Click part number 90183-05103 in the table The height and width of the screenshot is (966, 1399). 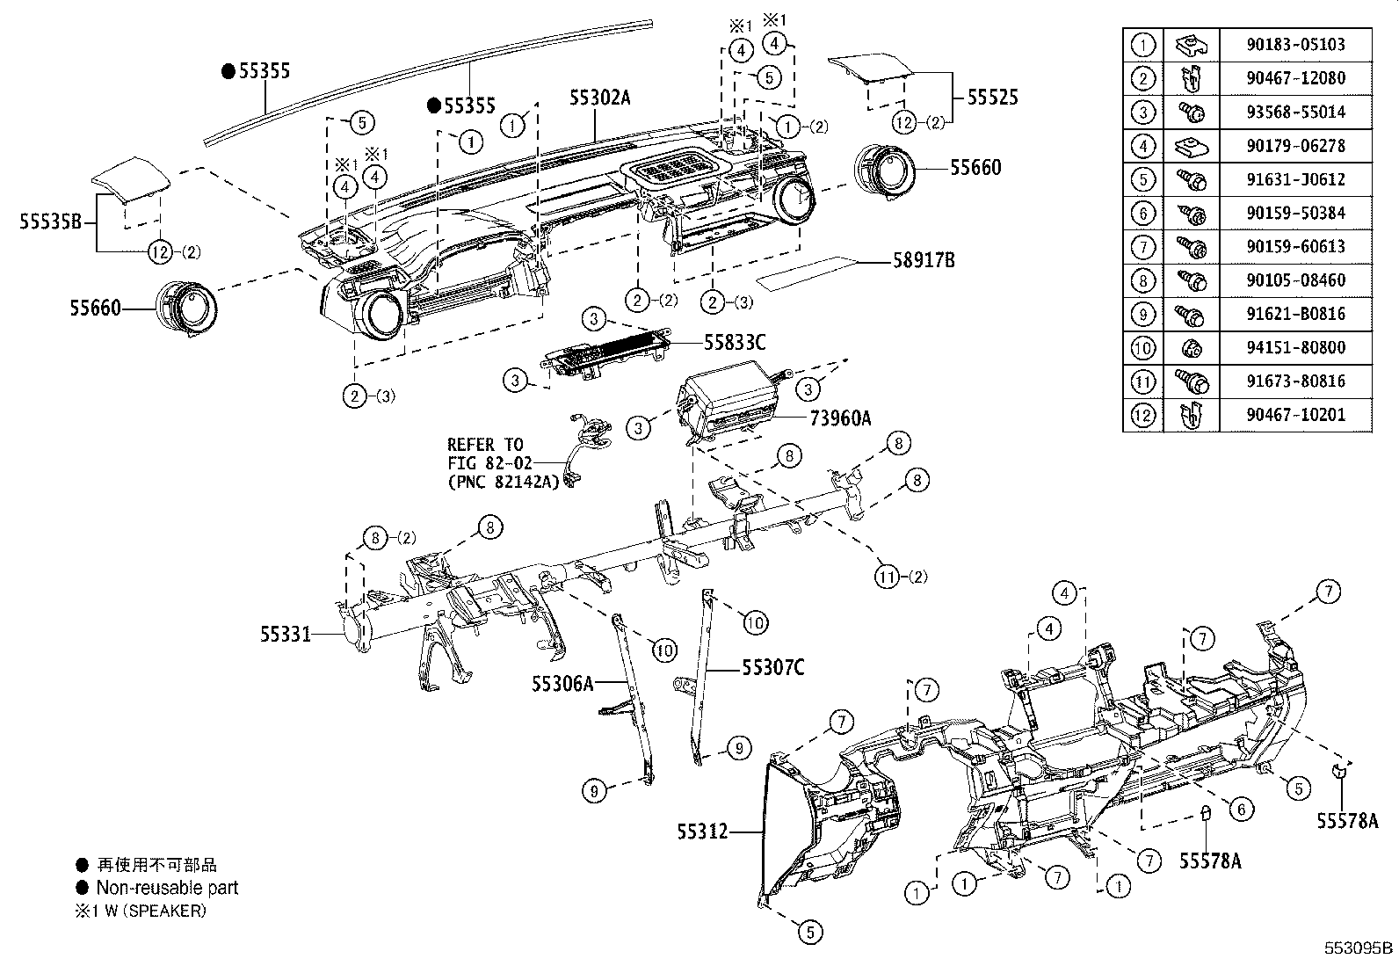click(1295, 44)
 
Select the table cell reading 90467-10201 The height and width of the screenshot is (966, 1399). click(1295, 415)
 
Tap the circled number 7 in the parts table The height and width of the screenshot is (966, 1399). click(1142, 246)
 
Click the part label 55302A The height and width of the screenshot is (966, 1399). click(599, 98)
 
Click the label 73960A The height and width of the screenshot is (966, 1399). click(839, 418)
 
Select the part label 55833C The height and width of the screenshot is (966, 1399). click(735, 341)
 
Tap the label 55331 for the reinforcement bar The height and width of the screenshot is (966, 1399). click(285, 633)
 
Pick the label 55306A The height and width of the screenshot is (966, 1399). click(562, 683)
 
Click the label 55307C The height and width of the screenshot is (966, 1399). click(772, 668)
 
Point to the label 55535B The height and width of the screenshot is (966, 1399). click(51, 222)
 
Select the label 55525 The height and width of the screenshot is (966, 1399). click(992, 97)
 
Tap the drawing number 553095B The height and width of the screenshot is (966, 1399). click(1359, 948)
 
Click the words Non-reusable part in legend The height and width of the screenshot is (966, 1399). click(167, 888)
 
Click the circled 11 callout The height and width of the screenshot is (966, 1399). click(888, 577)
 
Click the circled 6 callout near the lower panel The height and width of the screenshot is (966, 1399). click(1240, 809)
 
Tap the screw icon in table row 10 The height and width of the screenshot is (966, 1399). click(1191, 347)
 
